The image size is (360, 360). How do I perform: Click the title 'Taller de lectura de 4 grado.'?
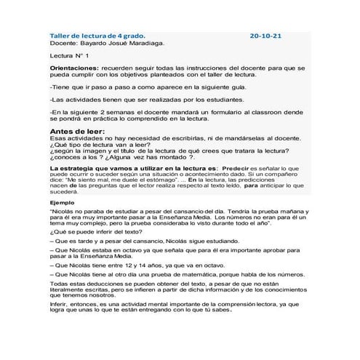pos(96,35)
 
